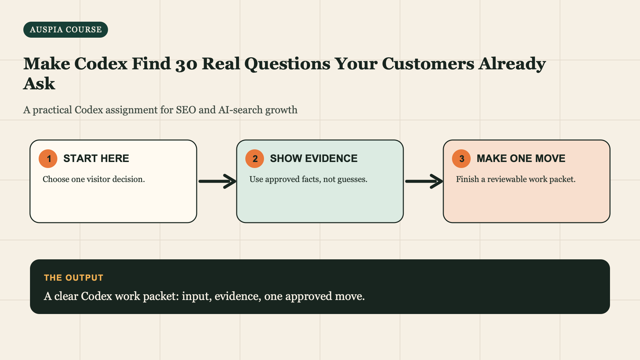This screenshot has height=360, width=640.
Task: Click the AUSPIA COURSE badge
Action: [x=66, y=30]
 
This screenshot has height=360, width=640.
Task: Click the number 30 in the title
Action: [x=186, y=64]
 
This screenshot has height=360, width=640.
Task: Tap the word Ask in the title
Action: [x=39, y=84]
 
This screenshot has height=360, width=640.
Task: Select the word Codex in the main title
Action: [x=101, y=63]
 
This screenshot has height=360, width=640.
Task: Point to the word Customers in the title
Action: [x=428, y=63]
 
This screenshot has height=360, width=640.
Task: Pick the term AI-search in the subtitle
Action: [x=240, y=110]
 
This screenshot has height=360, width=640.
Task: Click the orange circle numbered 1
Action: [x=48, y=159]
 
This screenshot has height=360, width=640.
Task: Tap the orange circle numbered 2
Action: [x=255, y=159]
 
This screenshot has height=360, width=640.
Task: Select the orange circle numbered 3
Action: [x=461, y=159]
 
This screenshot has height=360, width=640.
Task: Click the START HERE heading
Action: [x=96, y=158]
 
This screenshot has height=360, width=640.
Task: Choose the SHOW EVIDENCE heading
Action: [x=314, y=158]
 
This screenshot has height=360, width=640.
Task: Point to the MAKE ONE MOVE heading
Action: [x=521, y=158]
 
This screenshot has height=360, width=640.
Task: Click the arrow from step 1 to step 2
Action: [x=217, y=181]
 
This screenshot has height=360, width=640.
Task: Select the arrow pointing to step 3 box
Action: [x=424, y=181]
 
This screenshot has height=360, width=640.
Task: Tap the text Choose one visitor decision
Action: [x=94, y=179]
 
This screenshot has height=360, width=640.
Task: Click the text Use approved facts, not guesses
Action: [x=308, y=179]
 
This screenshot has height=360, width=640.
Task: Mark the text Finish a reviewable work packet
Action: [x=516, y=179]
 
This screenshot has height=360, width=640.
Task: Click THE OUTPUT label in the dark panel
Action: [x=74, y=278]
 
